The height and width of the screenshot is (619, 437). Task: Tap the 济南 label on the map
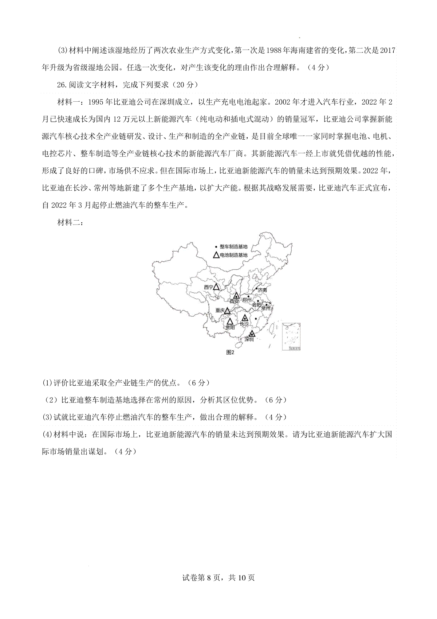(262, 290)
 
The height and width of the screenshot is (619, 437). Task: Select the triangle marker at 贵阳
(230, 322)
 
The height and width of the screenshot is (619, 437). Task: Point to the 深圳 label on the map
(249, 339)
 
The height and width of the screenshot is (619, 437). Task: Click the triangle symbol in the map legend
(216, 255)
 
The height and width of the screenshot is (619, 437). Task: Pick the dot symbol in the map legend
(216, 247)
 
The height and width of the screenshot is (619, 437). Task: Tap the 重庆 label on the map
(220, 310)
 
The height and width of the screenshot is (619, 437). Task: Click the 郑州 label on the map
(247, 300)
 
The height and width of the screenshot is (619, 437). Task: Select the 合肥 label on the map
(256, 304)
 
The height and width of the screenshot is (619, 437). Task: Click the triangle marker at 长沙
(245, 318)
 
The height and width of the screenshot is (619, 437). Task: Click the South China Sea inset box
(291, 336)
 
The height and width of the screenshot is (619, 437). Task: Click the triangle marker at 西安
(236, 296)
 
